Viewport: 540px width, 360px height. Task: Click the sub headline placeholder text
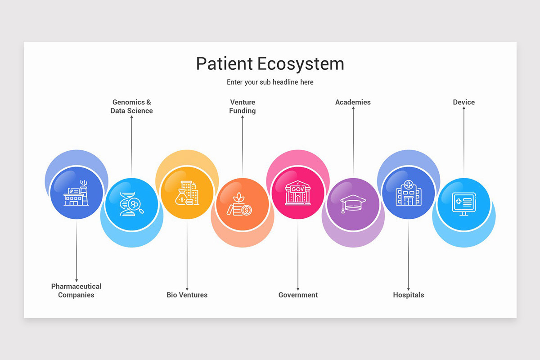point(270,82)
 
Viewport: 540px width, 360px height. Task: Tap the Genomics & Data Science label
point(131,107)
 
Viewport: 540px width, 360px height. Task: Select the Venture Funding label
point(243,107)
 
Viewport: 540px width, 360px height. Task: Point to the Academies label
point(353,102)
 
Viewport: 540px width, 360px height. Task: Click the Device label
point(463,102)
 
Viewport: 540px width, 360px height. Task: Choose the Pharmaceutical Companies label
point(76,291)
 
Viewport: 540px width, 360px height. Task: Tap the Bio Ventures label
point(187,295)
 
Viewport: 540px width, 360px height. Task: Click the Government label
point(298,295)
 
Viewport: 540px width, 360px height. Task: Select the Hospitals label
point(408,295)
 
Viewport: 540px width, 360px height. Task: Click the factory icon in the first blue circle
point(76,193)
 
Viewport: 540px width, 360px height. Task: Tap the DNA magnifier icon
point(131,204)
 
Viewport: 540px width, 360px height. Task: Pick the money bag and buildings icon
point(187,193)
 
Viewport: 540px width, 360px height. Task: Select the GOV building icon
point(297,193)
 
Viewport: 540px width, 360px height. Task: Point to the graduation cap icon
point(353,203)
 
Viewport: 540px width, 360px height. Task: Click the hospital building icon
point(408,193)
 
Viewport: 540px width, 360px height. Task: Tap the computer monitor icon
point(463,204)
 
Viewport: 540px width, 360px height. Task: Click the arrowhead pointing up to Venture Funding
point(243,118)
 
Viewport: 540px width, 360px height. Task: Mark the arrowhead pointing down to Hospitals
point(409,288)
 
